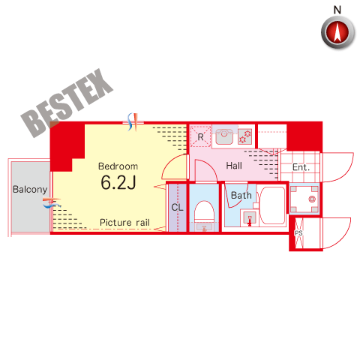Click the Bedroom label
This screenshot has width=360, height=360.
point(118,166)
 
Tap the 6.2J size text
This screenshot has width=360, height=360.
point(118,182)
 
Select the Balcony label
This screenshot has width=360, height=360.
point(30,190)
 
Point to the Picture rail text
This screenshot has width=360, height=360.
point(124,222)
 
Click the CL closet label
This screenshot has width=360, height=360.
point(177,207)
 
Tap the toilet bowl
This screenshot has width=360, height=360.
point(204,211)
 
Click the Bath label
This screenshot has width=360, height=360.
point(241,195)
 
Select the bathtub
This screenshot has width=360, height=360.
point(272,205)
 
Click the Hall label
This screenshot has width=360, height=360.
point(234,166)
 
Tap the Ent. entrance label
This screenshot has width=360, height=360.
point(301,167)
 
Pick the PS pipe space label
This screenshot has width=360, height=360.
point(298,233)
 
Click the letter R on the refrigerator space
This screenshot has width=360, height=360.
point(200,137)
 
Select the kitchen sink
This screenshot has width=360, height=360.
point(224,136)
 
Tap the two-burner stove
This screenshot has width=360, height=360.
point(244,136)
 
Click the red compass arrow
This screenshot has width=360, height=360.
point(337,32)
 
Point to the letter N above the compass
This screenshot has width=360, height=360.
point(337,10)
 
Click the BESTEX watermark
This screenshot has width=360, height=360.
point(67,103)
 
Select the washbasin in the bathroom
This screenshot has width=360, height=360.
point(249,217)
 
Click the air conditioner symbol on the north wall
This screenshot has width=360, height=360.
point(133,122)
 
